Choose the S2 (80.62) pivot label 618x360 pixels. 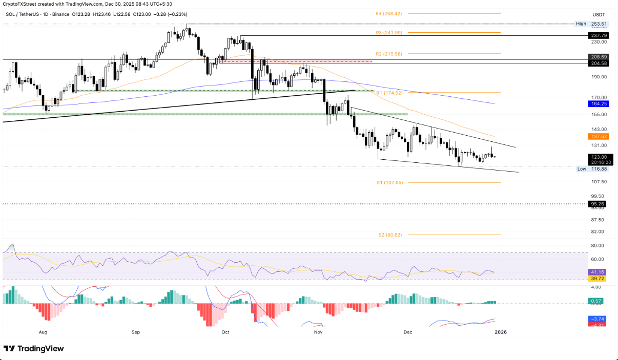[x=389, y=235]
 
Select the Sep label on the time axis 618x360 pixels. [x=136, y=332]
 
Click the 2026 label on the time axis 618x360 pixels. [x=500, y=332]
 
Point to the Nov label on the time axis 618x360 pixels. [x=318, y=332]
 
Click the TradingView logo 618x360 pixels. [x=34, y=349]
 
